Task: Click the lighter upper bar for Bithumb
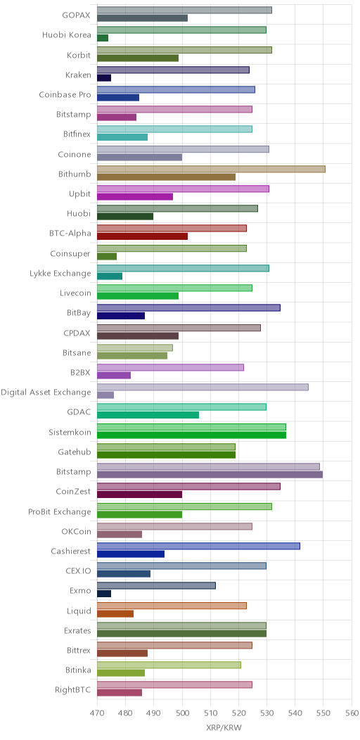pyautogui.click(x=212, y=169)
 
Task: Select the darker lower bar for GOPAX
pyautogui.click(x=143, y=18)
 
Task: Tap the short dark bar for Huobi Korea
pyautogui.click(x=103, y=38)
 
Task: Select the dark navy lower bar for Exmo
pyautogui.click(x=104, y=594)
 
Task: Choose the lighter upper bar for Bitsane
pyautogui.click(x=135, y=347)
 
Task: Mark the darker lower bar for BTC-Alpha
pyautogui.click(x=143, y=236)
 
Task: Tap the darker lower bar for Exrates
pyautogui.click(x=181, y=633)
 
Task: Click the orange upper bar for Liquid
pyautogui.click(x=172, y=606)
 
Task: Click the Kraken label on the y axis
pyautogui.click(x=78, y=74)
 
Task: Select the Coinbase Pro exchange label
pyautogui.click(x=65, y=94)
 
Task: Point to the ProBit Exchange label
pyautogui.click(x=60, y=511)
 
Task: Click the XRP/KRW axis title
pyautogui.click(x=224, y=727)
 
